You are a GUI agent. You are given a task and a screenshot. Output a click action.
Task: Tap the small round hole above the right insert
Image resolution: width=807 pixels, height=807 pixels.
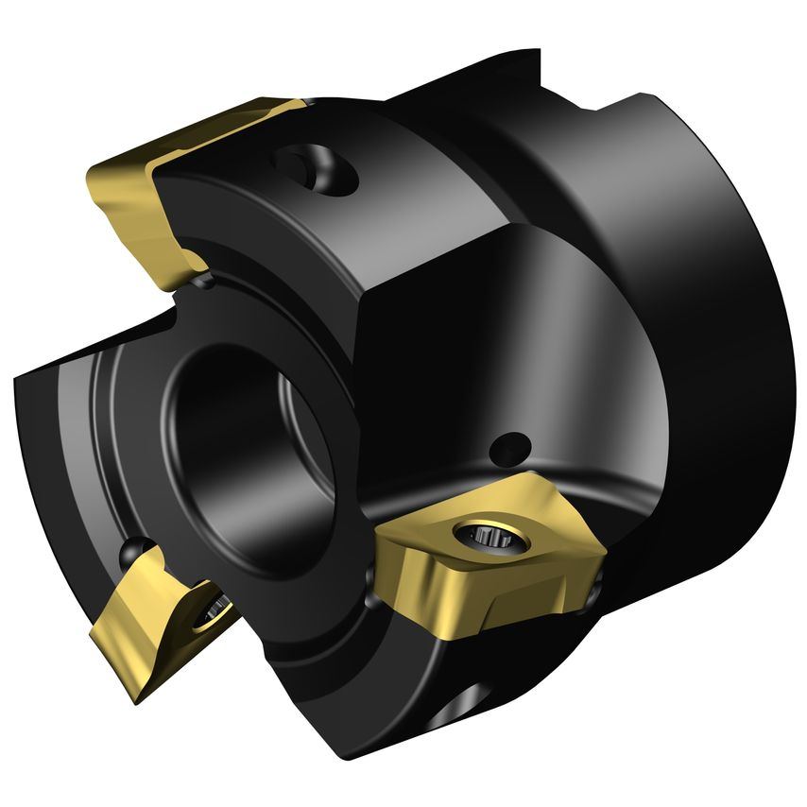pos(515,442)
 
